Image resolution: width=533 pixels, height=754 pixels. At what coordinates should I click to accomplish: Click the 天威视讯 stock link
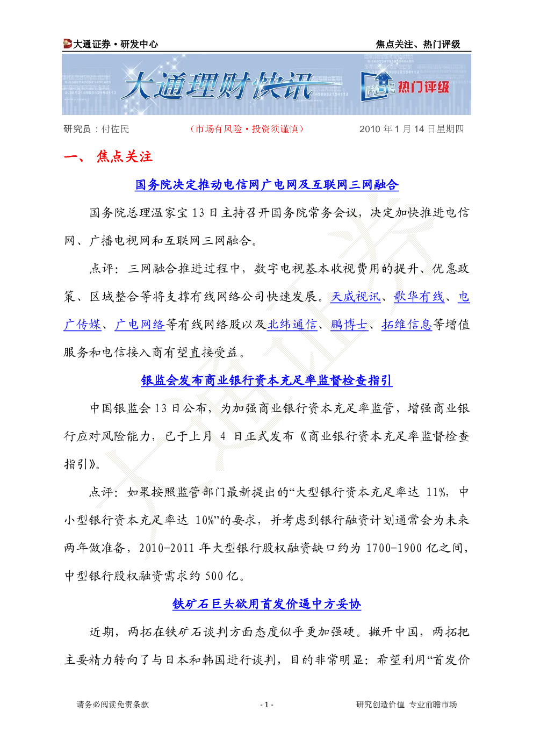pos(355,297)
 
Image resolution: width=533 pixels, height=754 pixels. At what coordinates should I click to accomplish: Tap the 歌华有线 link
pos(419,297)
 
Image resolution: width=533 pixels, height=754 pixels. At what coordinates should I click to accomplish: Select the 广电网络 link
pos(140,325)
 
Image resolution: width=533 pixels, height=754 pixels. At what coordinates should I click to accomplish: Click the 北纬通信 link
pos(292,325)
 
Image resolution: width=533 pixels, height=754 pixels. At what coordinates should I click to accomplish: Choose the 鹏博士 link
pos(349,325)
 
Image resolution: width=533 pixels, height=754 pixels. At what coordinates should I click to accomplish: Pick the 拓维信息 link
pos(407,325)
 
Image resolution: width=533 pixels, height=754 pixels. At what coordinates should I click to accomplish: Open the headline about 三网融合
pos(267,185)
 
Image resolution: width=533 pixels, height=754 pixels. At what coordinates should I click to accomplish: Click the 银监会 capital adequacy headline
pos(267,380)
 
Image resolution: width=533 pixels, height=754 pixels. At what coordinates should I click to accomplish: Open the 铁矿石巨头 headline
pos(267,604)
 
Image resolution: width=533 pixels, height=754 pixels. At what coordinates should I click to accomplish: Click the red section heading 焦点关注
pos(125,157)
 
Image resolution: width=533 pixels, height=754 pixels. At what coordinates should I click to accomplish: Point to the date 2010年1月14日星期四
pos(412,129)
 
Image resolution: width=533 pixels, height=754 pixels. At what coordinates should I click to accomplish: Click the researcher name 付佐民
pos(116,129)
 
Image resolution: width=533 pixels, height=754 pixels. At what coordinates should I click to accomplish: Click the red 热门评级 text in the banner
pos(423,87)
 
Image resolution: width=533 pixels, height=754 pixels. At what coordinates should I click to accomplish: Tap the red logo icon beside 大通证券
pos(67,44)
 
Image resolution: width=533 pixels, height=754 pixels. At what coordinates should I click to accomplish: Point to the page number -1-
pos(267,705)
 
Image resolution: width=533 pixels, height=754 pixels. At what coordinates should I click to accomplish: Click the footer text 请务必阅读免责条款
pos(113,705)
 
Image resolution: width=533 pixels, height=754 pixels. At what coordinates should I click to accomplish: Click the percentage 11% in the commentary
pos(437,492)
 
